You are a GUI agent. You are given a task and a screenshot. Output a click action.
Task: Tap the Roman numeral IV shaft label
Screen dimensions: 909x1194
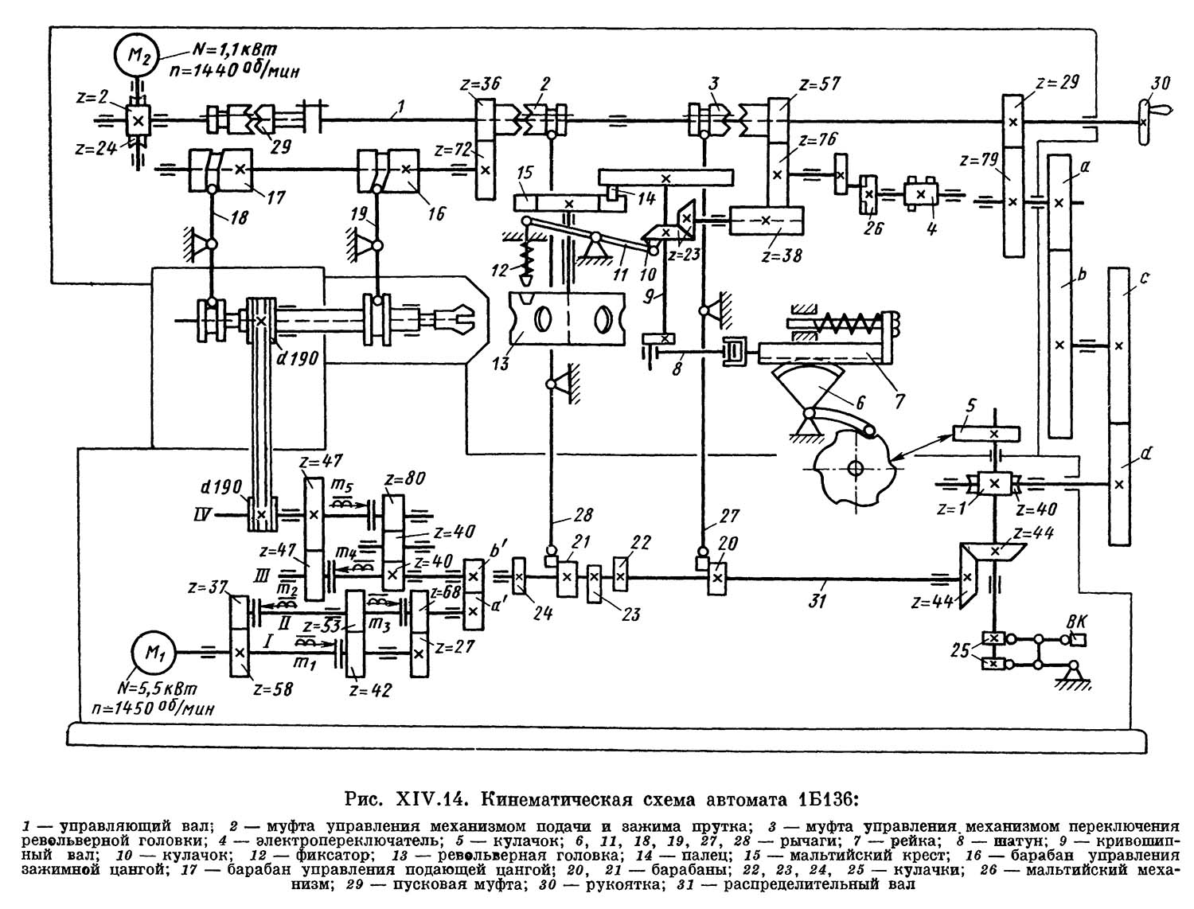201,517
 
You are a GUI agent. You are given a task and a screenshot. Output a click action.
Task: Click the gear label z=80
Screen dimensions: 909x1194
404,478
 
